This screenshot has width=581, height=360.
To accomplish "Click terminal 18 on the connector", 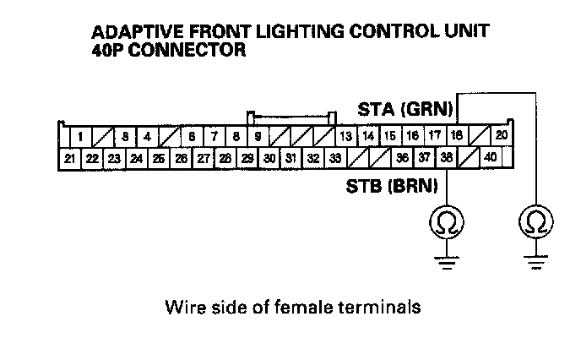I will point(456,135).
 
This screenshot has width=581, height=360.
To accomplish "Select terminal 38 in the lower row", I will point(446,156).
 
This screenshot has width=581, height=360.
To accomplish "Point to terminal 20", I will point(501,135).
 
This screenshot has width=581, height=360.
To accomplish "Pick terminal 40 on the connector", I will point(491,156).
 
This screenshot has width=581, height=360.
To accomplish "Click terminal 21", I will point(69,157).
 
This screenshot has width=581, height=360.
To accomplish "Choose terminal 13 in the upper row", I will point(345,135).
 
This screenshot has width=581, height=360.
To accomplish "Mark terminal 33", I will point(335,157).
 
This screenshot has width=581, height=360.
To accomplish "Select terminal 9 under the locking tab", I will point(257,135).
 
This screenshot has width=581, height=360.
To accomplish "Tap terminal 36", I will point(402,156).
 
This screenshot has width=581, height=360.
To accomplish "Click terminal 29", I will point(247,157).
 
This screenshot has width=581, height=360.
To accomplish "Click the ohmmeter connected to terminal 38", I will point(445,222).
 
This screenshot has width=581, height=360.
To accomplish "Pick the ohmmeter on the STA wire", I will point(535,222).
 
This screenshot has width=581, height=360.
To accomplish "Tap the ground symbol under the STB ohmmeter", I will point(445,260).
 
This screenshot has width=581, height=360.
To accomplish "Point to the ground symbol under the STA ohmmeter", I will point(535,260).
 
